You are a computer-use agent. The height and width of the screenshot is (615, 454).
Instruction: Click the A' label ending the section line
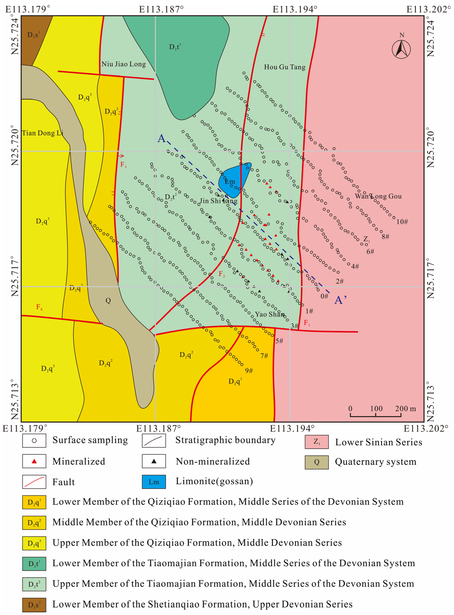point(340,300)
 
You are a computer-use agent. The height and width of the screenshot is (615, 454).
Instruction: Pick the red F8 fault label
point(39,307)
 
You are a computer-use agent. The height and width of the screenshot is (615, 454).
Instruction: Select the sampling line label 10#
point(402,222)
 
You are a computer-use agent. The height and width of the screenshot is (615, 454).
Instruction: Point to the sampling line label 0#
point(324,296)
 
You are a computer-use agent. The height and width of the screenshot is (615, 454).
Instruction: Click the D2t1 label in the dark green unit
point(175,47)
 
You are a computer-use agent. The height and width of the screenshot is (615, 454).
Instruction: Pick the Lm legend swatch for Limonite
point(154,482)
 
